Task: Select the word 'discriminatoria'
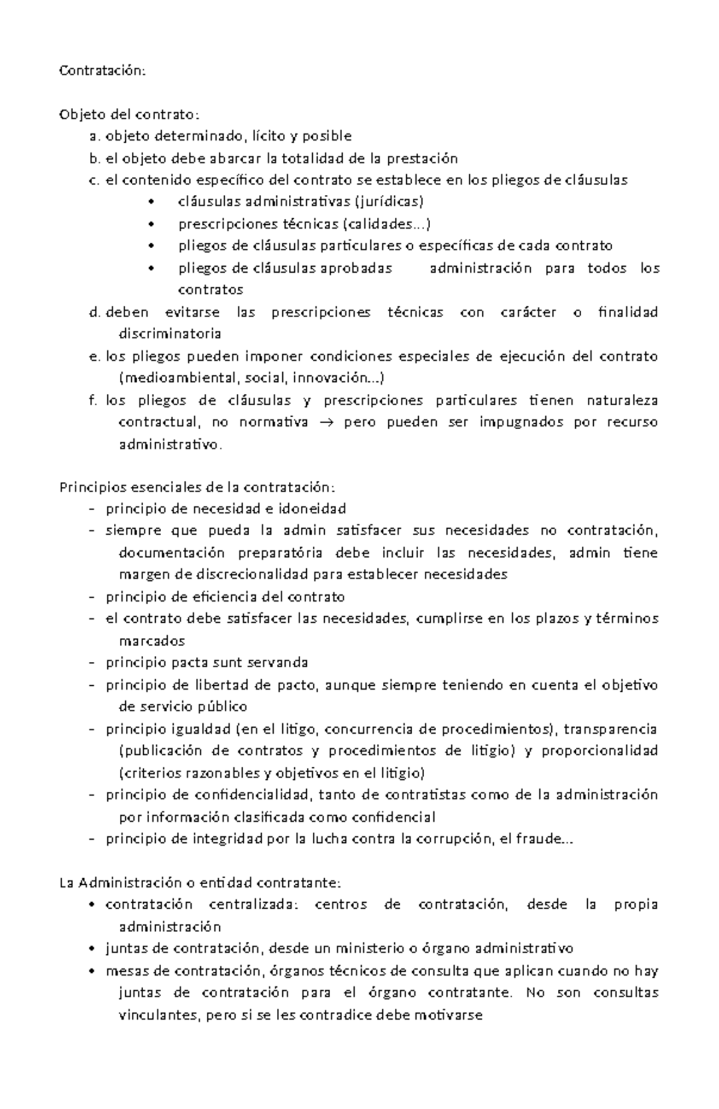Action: [170, 333]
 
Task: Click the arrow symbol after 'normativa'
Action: [326, 423]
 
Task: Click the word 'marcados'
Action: [152, 641]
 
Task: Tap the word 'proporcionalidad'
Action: [599, 751]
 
